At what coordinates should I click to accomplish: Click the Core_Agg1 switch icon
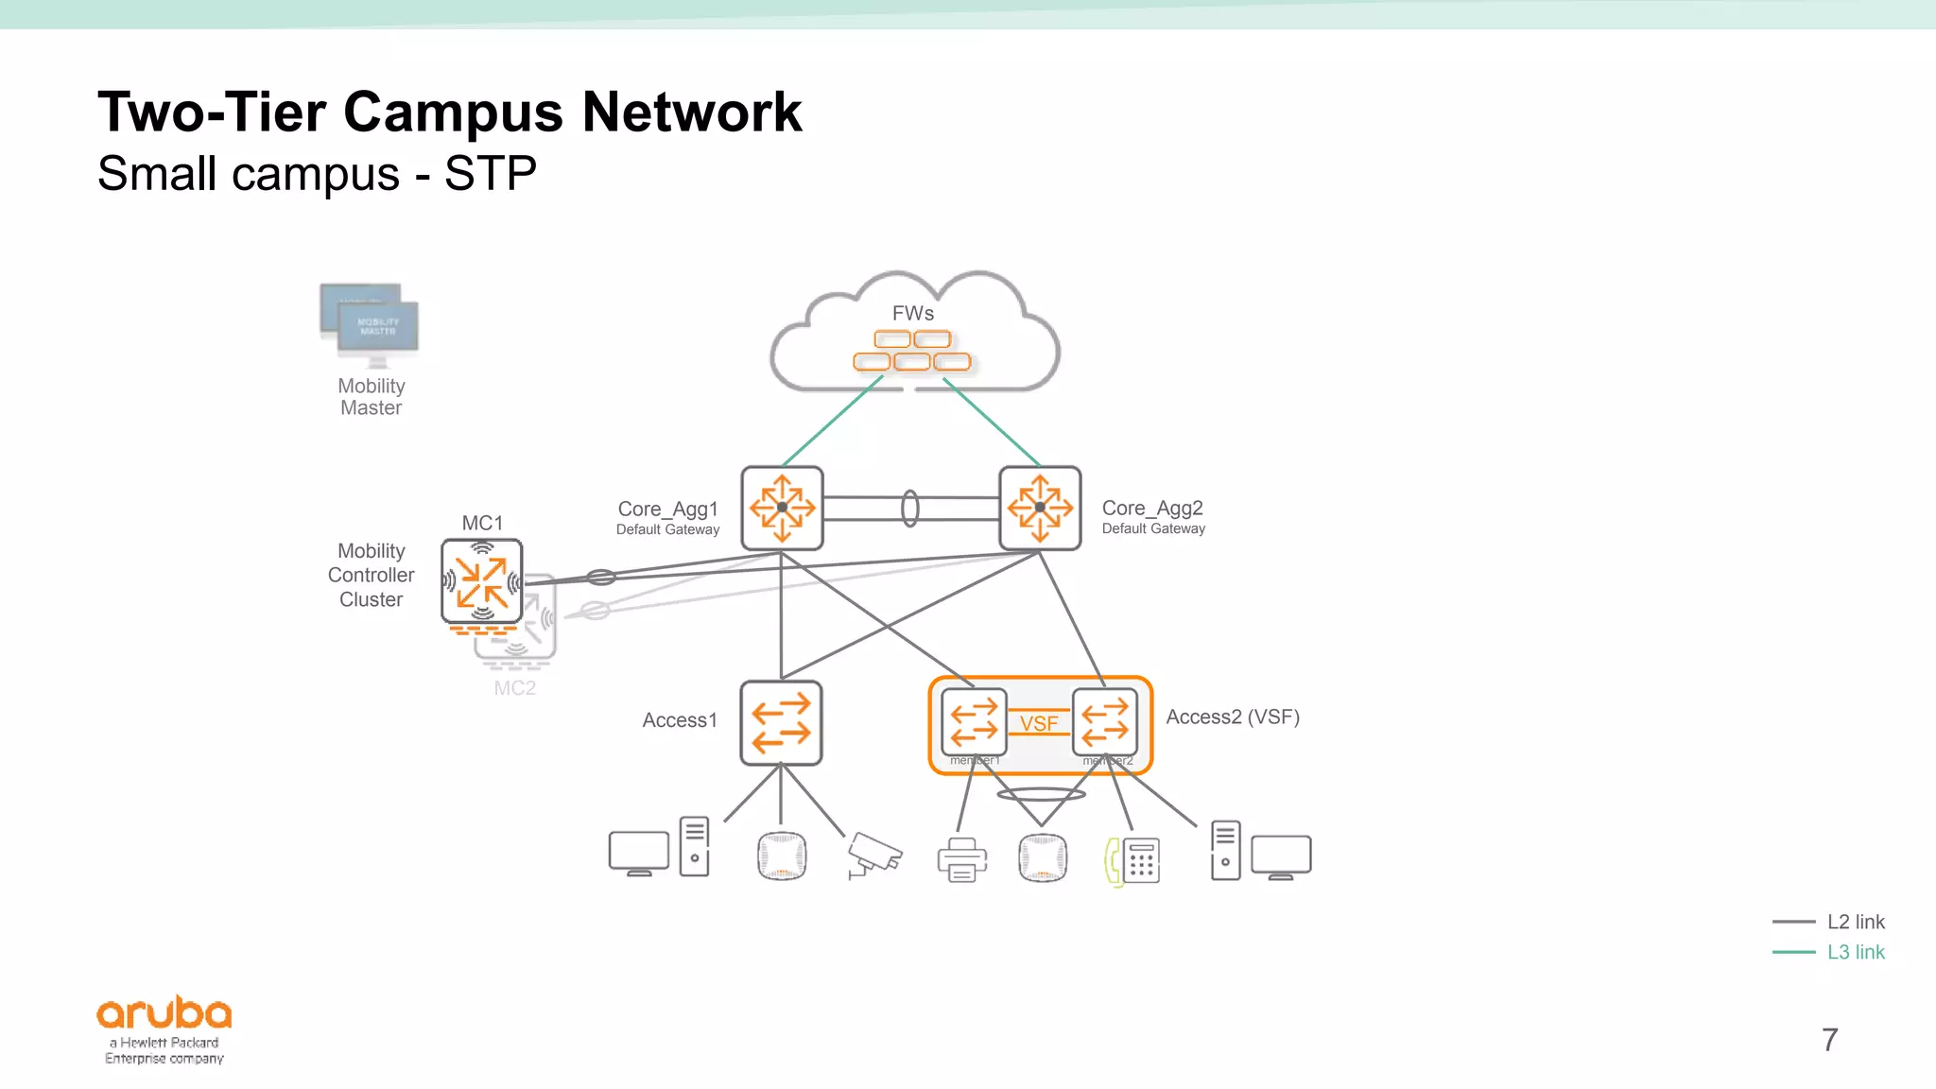click(x=782, y=508)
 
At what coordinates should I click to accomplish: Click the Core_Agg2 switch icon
click(x=1040, y=508)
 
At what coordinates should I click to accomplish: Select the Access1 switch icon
click(x=781, y=723)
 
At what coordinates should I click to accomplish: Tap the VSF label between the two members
click(x=1039, y=723)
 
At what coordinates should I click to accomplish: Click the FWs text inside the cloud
click(x=913, y=313)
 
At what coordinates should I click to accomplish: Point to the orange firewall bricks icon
click(x=912, y=351)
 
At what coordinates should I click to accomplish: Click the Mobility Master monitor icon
click(x=371, y=323)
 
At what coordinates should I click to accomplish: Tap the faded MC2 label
click(x=514, y=688)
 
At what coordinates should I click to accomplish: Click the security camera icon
click(x=874, y=854)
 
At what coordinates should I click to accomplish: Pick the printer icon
click(x=962, y=859)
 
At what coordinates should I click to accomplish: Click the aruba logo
click(x=164, y=1013)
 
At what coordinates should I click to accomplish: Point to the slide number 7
click(x=1830, y=1040)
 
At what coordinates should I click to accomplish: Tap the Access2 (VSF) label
click(x=1233, y=717)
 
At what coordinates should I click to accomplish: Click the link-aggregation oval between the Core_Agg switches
click(x=909, y=509)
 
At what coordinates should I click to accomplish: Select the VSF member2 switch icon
click(x=1105, y=722)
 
